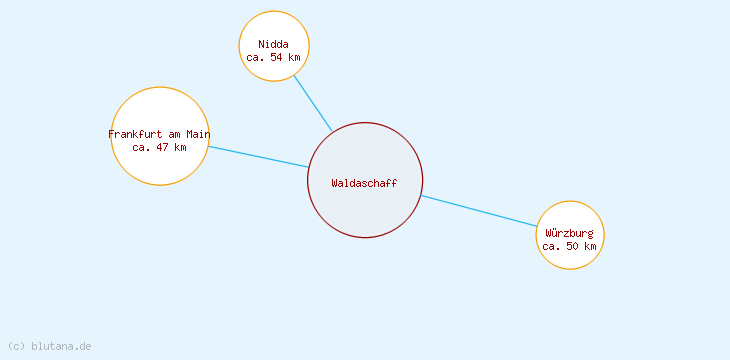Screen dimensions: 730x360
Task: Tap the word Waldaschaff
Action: point(364,183)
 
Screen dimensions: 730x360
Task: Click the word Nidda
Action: point(273,44)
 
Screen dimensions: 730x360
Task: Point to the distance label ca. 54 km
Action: point(273,57)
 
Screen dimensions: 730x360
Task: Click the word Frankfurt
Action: point(135,134)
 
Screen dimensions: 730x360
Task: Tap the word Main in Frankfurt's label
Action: point(198,134)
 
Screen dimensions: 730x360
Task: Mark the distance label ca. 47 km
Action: point(159,147)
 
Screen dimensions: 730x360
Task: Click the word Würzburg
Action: point(569,233)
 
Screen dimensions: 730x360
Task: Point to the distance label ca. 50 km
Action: point(569,246)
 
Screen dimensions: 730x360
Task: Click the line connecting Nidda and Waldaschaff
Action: point(312,103)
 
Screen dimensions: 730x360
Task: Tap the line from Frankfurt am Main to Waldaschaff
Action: point(258,157)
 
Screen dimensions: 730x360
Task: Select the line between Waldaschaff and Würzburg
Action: point(480,211)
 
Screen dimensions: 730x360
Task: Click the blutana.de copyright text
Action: point(50,346)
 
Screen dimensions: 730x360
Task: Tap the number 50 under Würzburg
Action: point(572,246)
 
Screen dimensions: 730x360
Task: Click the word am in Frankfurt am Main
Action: point(173,134)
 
